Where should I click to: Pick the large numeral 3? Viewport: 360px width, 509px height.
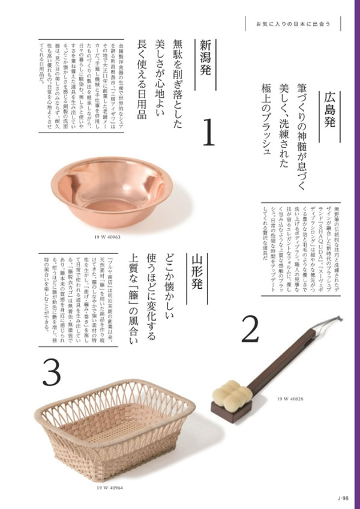point(52,373)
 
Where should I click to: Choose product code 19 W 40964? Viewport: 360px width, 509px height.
point(109,487)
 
